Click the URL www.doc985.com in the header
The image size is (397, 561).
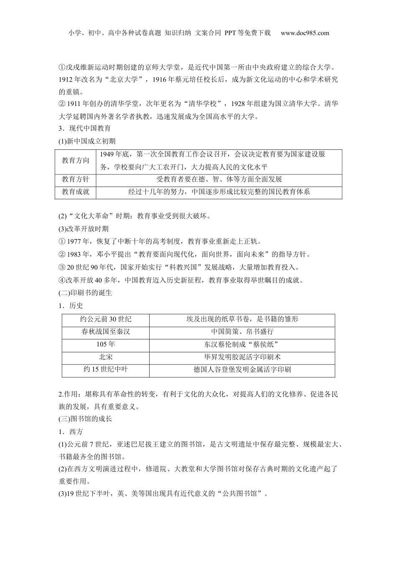[305, 33]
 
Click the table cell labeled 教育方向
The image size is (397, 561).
[76, 161]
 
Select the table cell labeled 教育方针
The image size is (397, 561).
[76, 179]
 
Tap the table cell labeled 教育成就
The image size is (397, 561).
[76, 192]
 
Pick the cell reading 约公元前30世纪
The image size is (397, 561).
[105, 319]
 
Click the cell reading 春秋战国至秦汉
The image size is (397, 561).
[105, 332]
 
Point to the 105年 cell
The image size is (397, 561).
[105, 344]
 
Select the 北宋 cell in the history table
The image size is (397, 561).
[105, 357]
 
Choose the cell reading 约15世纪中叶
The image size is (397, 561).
[105, 370]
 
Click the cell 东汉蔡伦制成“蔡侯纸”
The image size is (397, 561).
[242, 344]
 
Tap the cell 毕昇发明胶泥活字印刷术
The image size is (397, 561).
[242, 357]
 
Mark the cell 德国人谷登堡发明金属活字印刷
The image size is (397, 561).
[242, 370]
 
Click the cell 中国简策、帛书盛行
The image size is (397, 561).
[242, 332]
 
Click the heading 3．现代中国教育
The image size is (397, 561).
[85, 129]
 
